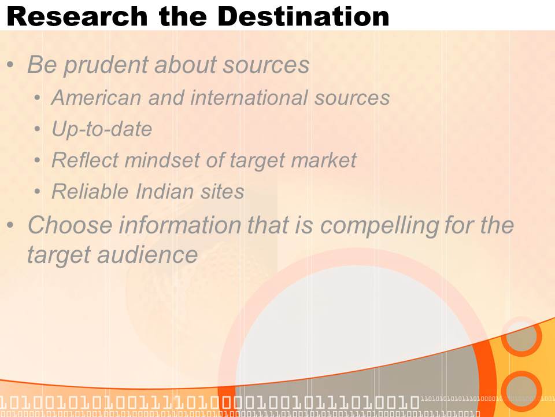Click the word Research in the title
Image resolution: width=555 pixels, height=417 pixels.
[x=77, y=16]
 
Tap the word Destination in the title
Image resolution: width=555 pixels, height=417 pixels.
[x=304, y=16]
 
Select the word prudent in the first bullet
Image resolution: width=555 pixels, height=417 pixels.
[x=105, y=65]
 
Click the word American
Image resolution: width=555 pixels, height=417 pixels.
[x=97, y=97]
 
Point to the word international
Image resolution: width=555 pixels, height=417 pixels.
[x=249, y=97]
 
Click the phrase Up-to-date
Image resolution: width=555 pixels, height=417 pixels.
[x=102, y=129]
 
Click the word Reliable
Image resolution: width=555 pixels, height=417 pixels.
[x=90, y=192]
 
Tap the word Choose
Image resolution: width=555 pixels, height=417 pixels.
[x=70, y=225]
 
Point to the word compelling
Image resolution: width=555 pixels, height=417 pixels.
[x=379, y=225]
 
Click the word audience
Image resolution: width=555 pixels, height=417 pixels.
[x=147, y=255]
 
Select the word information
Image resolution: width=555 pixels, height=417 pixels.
[x=179, y=225]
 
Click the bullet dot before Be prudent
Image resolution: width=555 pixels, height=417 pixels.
[x=10, y=65]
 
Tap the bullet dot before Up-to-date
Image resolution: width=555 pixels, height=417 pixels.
[x=38, y=129]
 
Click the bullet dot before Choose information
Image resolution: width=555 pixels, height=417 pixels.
[x=10, y=225]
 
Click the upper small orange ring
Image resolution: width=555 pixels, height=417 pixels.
[x=521, y=336]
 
